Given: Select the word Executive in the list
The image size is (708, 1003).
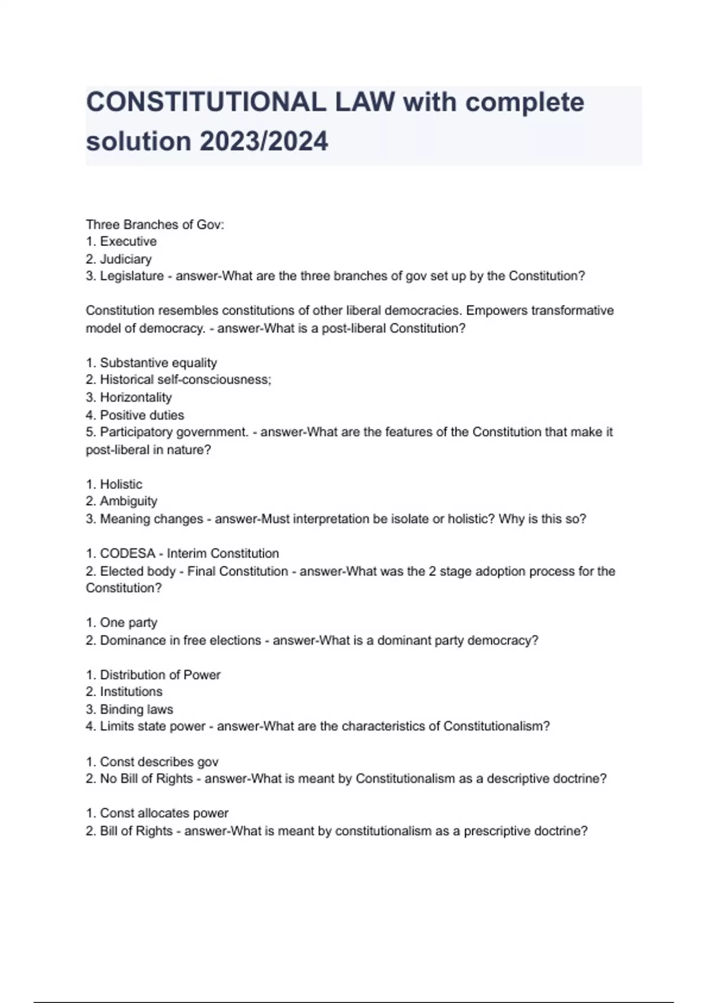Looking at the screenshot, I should (x=128, y=241).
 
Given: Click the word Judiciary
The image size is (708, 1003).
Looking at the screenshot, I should (x=126, y=259).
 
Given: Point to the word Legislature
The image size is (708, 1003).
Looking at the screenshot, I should (x=132, y=276).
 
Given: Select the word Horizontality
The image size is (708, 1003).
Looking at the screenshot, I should (x=136, y=398).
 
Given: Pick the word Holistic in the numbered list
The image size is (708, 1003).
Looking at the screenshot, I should (x=121, y=484).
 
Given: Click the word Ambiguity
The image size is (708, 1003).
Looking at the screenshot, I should (x=129, y=501).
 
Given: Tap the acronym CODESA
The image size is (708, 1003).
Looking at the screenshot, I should (x=127, y=554).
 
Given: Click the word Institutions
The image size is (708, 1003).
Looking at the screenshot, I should (x=131, y=692).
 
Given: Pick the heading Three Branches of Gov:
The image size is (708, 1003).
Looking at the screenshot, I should (x=155, y=225).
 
